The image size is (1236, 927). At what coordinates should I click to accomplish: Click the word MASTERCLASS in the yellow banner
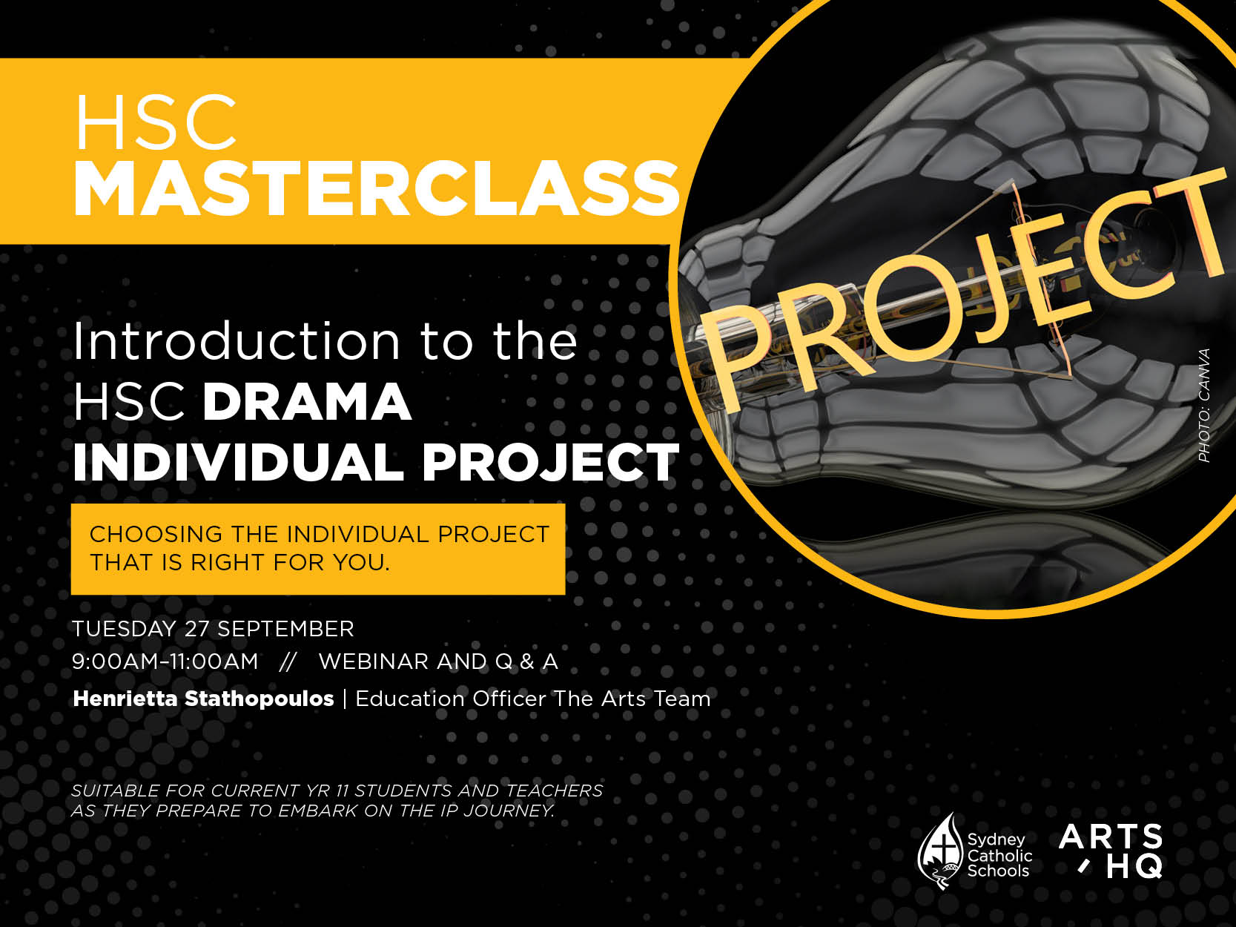[x=376, y=188]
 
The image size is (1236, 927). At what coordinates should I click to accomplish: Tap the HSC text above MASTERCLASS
[x=156, y=122]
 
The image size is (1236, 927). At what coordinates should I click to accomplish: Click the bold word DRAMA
[x=307, y=401]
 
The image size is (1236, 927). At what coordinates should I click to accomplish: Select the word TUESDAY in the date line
[x=124, y=629]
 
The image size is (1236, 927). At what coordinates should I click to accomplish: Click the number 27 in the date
[x=196, y=629]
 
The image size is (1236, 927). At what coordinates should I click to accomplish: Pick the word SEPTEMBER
[x=285, y=629]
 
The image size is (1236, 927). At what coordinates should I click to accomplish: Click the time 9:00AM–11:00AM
[x=165, y=662]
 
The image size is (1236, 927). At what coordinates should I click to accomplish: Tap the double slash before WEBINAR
[x=288, y=662]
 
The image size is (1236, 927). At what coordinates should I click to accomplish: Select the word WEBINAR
[x=374, y=662]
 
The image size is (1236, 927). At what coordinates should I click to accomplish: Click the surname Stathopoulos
[x=260, y=699]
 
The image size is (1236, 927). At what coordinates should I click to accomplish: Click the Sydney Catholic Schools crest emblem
[x=939, y=851]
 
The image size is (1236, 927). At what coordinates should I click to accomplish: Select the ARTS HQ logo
[x=1111, y=851]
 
